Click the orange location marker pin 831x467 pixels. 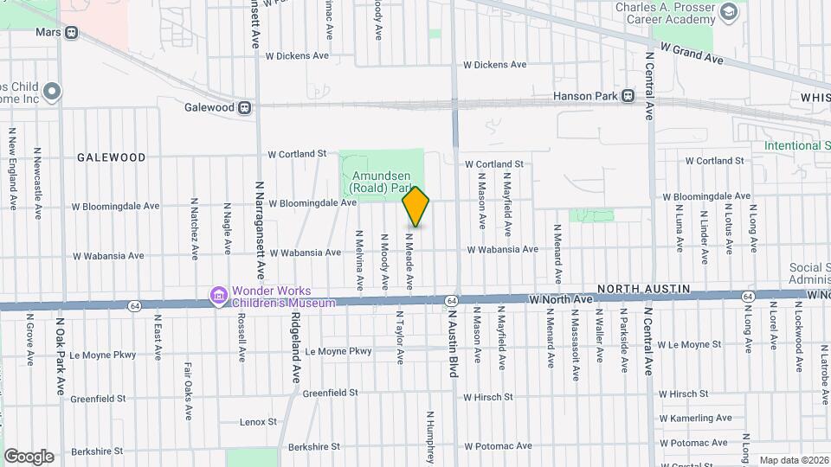(415, 207)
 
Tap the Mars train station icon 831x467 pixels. (71, 32)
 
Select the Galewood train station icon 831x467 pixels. (246, 108)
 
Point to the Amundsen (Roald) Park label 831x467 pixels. (380, 180)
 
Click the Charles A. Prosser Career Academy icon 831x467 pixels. (729, 11)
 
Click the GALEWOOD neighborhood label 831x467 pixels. (111, 157)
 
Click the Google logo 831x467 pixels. (29, 457)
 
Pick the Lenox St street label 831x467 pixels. (260, 422)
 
